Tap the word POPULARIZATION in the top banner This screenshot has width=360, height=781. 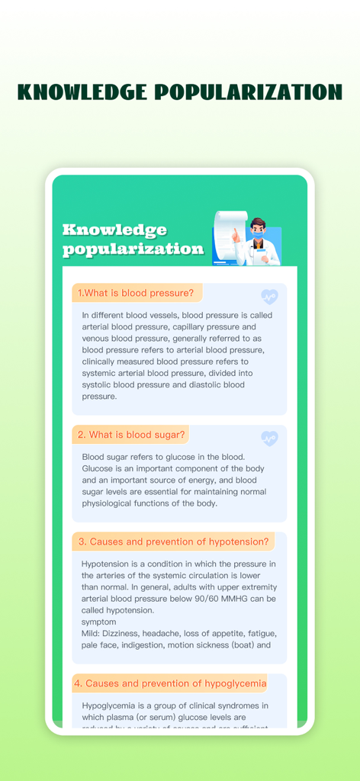(248, 92)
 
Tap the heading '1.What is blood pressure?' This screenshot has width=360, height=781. (135, 293)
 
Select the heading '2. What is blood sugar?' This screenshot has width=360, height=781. (131, 435)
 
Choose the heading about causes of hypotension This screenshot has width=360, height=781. (173, 542)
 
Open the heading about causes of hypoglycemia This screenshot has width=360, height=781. (170, 683)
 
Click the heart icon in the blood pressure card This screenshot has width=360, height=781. (269, 296)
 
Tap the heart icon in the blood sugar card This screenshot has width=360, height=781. (269, 438)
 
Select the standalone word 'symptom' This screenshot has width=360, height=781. (99, 622)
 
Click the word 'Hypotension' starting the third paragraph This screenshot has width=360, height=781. (108, 564)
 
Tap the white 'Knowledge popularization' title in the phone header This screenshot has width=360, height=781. (133, 239)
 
